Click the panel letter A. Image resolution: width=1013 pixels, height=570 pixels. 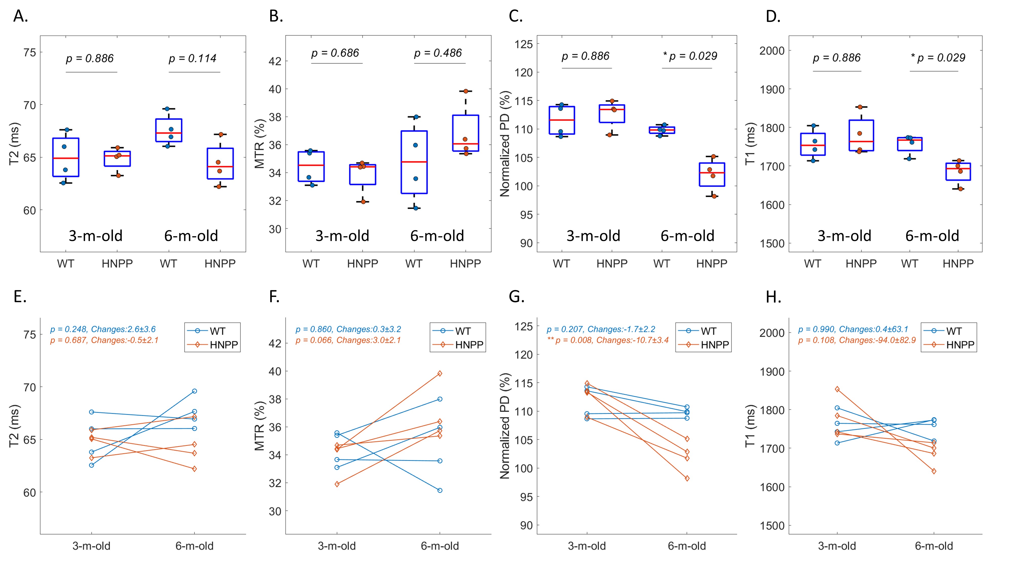[x=21, y=16]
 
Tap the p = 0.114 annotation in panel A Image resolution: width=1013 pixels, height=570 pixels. [x=193, y=59]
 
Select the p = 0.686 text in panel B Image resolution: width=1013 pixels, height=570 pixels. [x=335, y=53]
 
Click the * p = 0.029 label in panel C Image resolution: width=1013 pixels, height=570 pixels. [x=690, y=56]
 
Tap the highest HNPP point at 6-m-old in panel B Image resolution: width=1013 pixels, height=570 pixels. [x=466, y=91]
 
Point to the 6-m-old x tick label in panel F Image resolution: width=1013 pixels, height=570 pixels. [x=440, y=546]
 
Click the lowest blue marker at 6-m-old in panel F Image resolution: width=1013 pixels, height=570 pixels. [x=440, y=490]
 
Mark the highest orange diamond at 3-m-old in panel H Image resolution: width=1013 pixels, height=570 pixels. [x=837, y=389]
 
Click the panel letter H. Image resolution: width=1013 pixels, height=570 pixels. [x=773, y=297]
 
